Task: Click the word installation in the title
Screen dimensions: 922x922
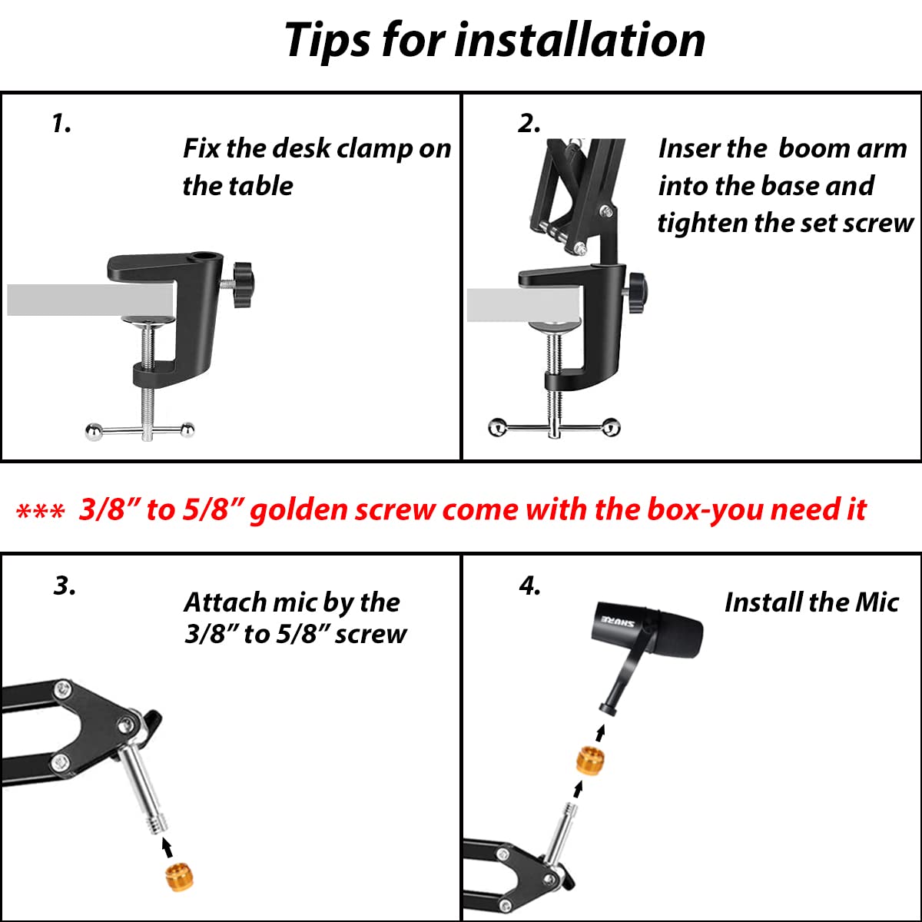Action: (x=580, y=39)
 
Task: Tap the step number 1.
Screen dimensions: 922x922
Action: (x=61, y=124)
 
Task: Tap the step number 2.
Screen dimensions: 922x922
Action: (x=529, y=124)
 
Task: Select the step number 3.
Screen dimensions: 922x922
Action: (x=65, y=585)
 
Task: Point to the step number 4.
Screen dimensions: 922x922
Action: (x=530, y=585)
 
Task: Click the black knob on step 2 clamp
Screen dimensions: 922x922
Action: (x=638, y=292)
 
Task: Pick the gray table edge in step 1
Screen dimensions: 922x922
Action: (x=90, y=300)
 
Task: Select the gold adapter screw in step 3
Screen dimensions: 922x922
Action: (x=180, y=877)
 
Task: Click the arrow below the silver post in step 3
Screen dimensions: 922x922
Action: (x=167, y=847)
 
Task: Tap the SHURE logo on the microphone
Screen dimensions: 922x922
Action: (x=618, y=622)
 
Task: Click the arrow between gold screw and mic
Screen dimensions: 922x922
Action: (x=601, y=733)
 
